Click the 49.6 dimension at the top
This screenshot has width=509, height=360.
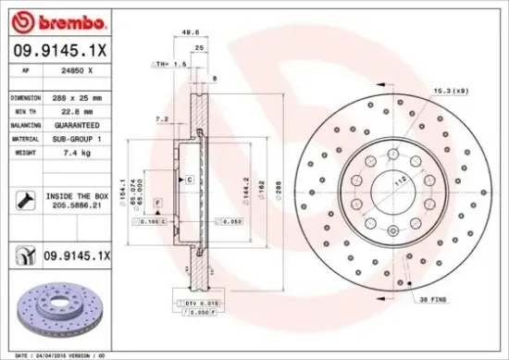pos(192,31)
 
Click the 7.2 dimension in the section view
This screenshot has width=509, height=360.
pos(161,118)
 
